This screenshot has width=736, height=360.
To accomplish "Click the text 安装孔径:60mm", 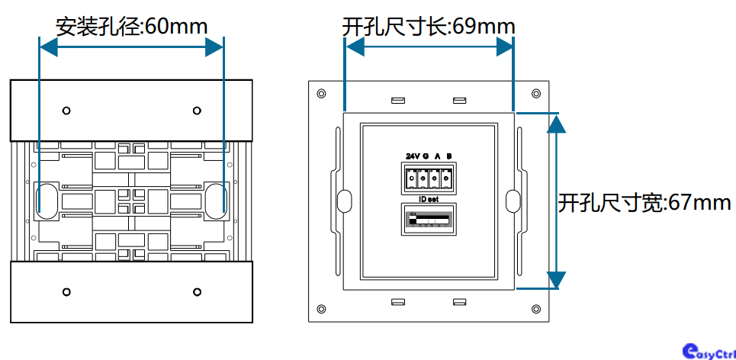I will [x=131, y=27].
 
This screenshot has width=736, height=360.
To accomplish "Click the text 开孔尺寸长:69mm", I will [x=429, y=27].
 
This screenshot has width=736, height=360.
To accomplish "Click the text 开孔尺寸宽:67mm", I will [x=644, y=203].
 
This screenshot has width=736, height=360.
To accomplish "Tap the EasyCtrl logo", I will [x=709, y=349].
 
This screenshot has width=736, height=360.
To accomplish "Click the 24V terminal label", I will [x=413, y=156].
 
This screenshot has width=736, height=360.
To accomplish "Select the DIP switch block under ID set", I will [x=428, y=219].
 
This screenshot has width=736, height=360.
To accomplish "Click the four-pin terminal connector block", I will [x=429, y=178].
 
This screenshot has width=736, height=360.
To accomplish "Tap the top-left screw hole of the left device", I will [x=67, y=110].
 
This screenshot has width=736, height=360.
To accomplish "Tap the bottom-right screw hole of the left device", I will [x=197, y=291].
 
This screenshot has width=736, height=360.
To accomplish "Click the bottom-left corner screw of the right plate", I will [x=321, y=309].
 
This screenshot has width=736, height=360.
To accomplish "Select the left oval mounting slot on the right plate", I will [x=344, y=201].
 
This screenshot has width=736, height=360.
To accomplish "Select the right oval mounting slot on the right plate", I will [x=513, y=201].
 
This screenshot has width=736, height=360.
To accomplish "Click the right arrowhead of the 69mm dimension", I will [x=504, y=47].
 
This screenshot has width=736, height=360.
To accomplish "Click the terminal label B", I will [x=449, y=156].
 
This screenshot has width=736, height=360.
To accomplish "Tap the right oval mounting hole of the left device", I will [x=214, y=198].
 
